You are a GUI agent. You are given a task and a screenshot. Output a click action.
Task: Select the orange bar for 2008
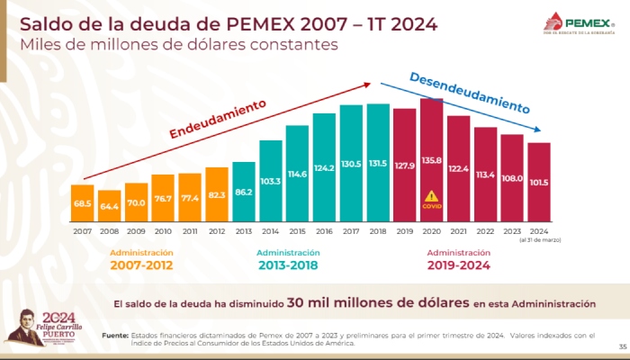point(110,205)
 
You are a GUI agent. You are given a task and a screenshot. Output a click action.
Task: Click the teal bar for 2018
point(379,162)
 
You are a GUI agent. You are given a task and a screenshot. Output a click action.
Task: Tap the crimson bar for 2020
point(432,159)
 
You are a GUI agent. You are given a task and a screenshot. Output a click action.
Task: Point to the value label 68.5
point(83,204)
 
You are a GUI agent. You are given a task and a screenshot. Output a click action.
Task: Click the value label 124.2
point(325,167)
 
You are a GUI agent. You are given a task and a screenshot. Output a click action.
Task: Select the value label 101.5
point(539,181)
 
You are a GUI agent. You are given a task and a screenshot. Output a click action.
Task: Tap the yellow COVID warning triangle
point(432,195)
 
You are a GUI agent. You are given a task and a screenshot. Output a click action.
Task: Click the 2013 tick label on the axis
point(244,229)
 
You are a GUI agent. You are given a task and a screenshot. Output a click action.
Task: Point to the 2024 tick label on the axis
point(539,229)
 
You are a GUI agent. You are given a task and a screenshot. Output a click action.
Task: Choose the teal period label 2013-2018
point(288,265)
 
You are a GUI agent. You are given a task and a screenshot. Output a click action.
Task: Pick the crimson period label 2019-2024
point(459,265)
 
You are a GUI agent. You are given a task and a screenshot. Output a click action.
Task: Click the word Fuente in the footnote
point(114,335)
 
